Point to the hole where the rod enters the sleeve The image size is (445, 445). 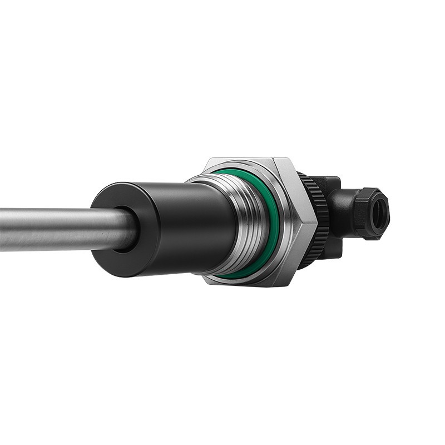[x=126, y=228]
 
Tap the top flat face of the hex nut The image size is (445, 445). [x=245, y=163]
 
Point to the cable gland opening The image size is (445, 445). [x=381, y=214]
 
